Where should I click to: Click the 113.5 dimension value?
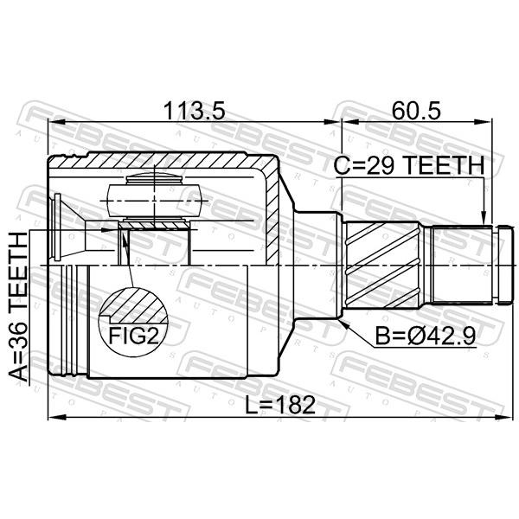pyautogui.click(x=195, y=111)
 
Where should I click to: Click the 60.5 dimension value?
pyautogui.click(x=416, y=111)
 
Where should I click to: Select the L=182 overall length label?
pyautogui.click(x=280, y=405)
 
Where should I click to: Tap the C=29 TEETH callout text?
pyautogui.click(x=409, y=165)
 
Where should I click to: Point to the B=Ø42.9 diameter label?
pyautogui.click(x=426, y=336)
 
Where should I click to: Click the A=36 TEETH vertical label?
pyautogui.click(x=18, y=306)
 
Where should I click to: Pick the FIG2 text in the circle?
pyautogui.click(x=134, y=336)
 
